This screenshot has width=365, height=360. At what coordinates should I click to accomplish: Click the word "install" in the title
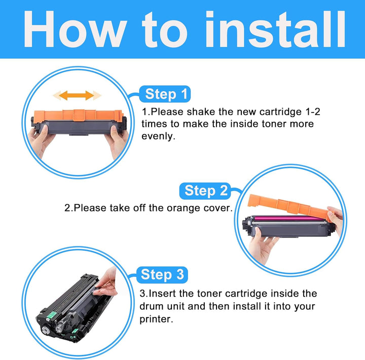pyautogui.click(x=275, y=29)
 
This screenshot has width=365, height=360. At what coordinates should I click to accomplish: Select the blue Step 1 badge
pyautogui.click(x=165, y=94)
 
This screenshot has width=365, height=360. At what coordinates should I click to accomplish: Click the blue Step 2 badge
pyautogui.click(x=205, y=191)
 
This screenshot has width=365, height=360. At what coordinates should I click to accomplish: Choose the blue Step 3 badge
pyautogui.click(x=162, y=275)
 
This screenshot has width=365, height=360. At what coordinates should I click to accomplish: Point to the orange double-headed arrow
pyautogui.click(x=77, y=95)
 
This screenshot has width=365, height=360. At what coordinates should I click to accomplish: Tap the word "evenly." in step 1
pyautogui.click(x=158, y=136)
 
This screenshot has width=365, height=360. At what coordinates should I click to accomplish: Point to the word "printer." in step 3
pyautogui.click(x=157, y=319)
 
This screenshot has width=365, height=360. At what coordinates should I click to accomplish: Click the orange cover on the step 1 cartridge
pyautogui.click(x=78, y=116)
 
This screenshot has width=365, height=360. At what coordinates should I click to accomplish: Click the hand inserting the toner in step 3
pyautogui.click(x=107, y=282)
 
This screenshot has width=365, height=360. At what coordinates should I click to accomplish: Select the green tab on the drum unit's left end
pyautogui.click(x=51, y=315)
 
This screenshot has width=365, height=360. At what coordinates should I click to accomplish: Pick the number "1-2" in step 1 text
pyautogui.click(x=313, y=112)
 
